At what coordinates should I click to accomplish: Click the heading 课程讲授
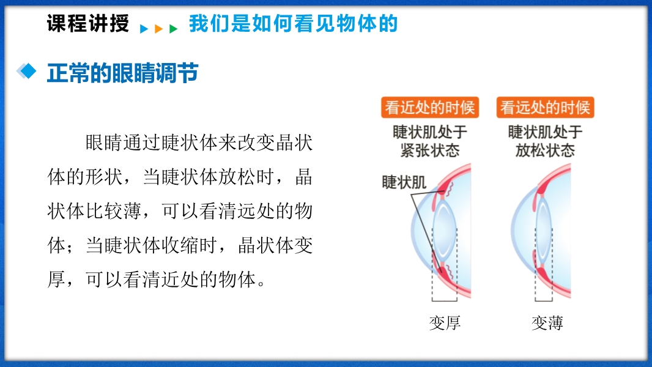87,23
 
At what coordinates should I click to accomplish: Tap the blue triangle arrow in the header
144,29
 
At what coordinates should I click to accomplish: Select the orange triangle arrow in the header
158,29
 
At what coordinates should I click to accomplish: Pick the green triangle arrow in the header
173,29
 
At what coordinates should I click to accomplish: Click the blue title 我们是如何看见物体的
293,23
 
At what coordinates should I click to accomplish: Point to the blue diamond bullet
27,71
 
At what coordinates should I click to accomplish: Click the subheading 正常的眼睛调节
123,73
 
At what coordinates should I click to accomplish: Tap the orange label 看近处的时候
430,108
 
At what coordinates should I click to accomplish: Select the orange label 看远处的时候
545,108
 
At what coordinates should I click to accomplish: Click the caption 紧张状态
430,150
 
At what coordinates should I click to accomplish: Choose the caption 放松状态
545,150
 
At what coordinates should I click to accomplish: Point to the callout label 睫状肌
404,182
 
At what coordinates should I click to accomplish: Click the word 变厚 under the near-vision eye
445,323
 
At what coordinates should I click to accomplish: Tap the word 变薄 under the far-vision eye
547,323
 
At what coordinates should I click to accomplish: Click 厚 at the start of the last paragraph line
56,280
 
